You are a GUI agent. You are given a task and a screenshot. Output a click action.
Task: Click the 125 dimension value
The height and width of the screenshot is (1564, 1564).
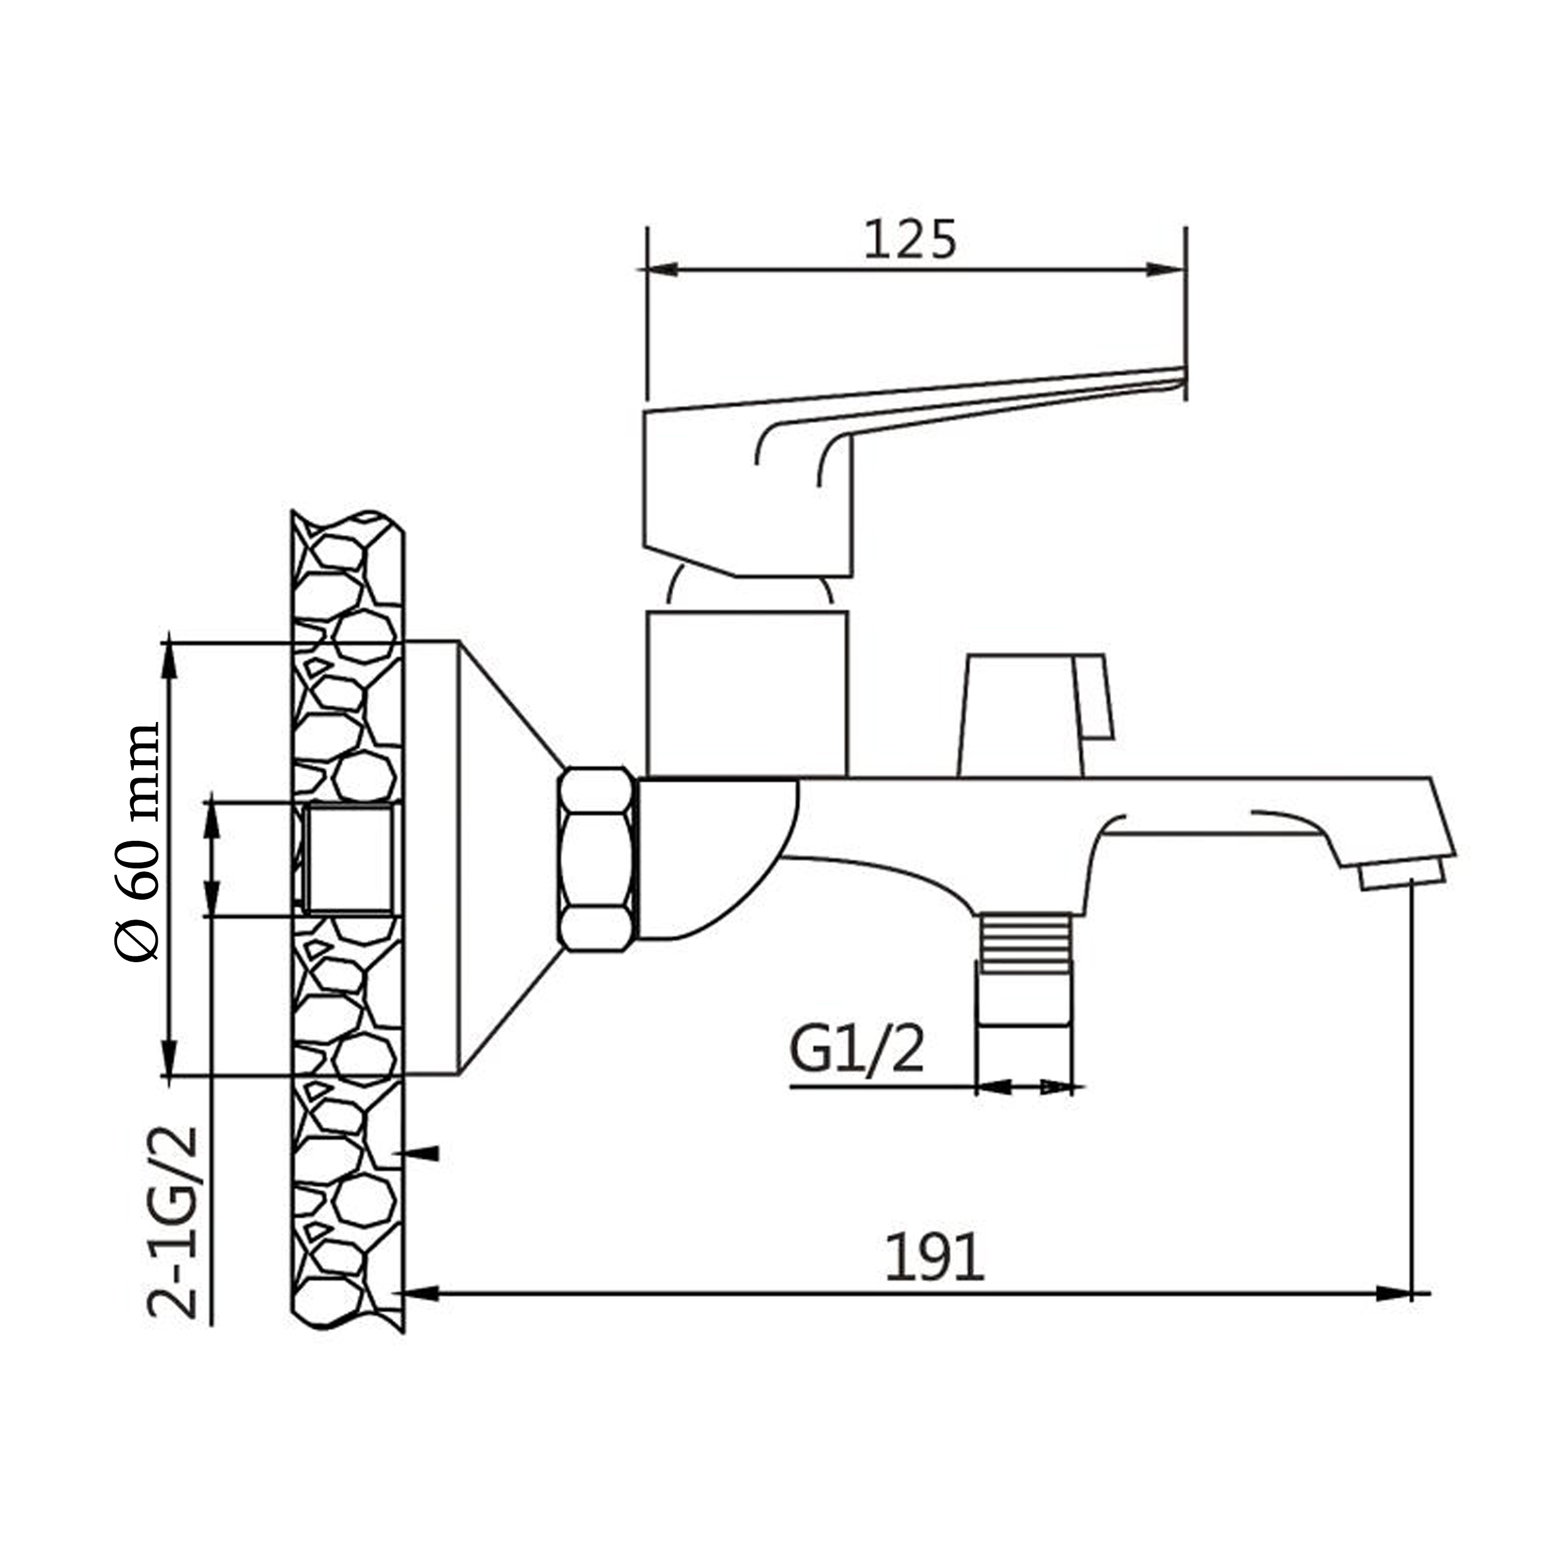point(910,240)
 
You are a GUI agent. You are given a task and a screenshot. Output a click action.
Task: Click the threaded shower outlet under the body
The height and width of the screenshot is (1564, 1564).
point(1025,970)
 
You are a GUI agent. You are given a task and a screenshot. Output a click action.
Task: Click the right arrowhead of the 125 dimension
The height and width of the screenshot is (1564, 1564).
point(1165,270)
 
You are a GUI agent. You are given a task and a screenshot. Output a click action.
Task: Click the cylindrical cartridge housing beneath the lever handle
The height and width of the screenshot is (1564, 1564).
point(747,694)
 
